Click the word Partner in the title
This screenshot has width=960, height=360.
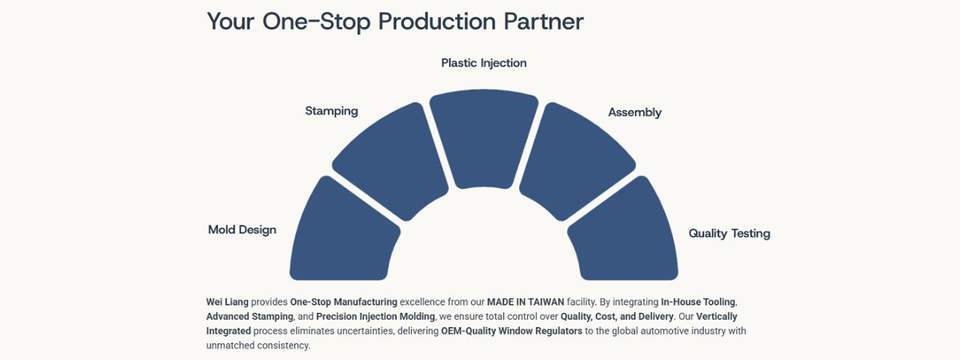pyautogui.click(x=543, y=21)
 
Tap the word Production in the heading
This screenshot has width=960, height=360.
pyautogui.click(x=437, y=21)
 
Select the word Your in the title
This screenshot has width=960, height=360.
pyautogui.click(x=230, y=21)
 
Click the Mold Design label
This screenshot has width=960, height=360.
pyautogui.click(x=242, y=230)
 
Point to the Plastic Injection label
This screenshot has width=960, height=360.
pyautogui.click(x=484, y=63)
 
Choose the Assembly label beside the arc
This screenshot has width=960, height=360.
pyautogui.click(x=634, y=113)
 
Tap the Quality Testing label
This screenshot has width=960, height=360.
pyautogui.click(x=729, y=233)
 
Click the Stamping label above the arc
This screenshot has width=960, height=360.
pyautogui.click(x=331, y=111)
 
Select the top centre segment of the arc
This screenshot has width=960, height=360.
pyautogui.click(x=484, y=138)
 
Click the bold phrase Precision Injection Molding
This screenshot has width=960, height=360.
pyautogui.click(x=375, y=317)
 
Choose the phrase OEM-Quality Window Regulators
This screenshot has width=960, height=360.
pyautogui.click(x=511, y=331)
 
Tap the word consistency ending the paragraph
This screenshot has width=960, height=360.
pyautogui.click(x=289, y=346)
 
